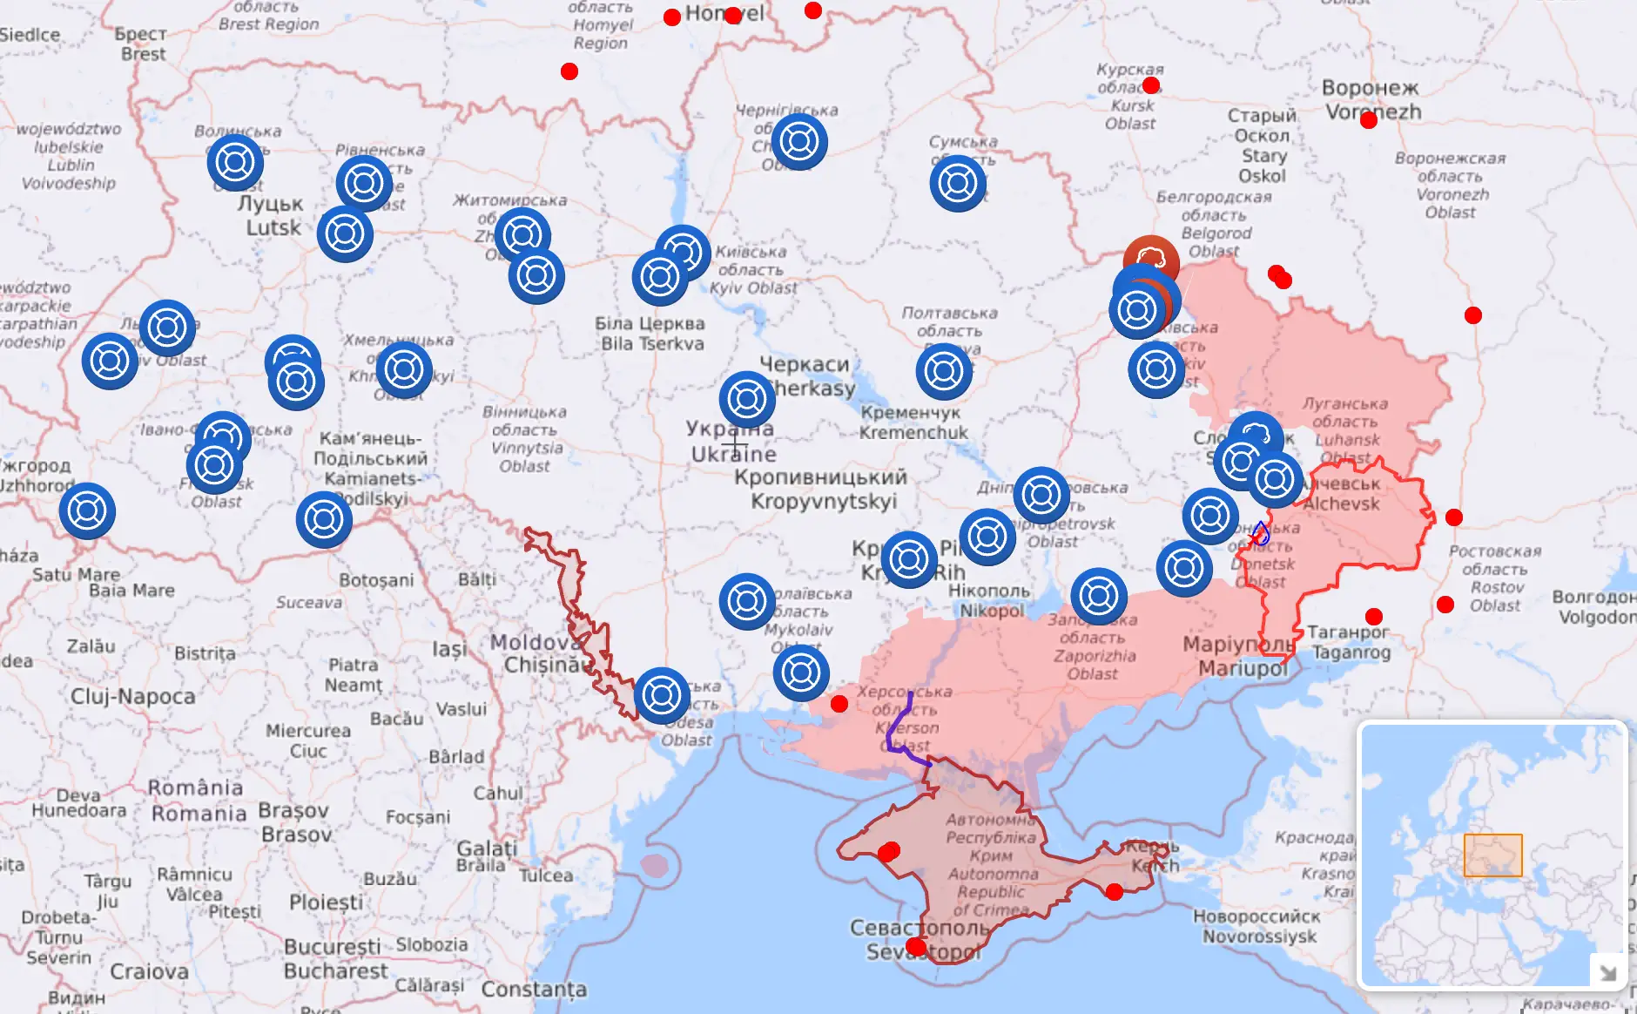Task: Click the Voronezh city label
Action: (1371, 99)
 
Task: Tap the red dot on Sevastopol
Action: (916, 947)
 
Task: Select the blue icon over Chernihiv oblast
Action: (799, 142)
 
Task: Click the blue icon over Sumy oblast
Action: (958, 184)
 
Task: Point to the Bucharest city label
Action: (336, 958)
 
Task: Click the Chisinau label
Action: (543, 665)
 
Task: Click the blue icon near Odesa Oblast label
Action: (662, 695)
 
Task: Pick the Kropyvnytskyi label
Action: (822, 490)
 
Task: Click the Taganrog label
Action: (1350, 642)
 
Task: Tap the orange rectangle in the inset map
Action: (1492, 855)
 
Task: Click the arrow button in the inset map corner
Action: (1607, 970)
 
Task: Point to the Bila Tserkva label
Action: (651, 334)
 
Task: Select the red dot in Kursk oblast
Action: (1151, 85)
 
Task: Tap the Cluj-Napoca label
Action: (132, 696)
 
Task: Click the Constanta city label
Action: (534, 990)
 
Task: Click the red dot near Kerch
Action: (1114, 892)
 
